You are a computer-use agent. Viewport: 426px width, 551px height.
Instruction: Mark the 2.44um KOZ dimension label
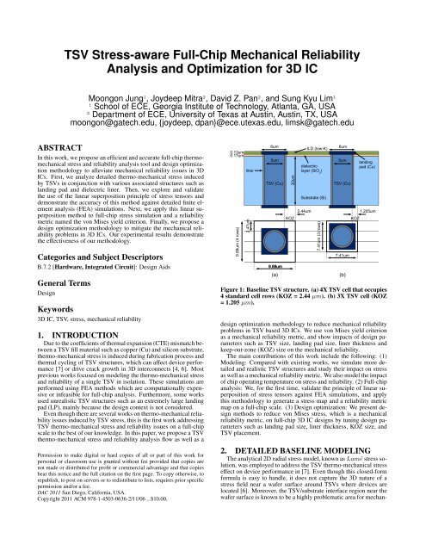pyautogui.click(x=303, y=211)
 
